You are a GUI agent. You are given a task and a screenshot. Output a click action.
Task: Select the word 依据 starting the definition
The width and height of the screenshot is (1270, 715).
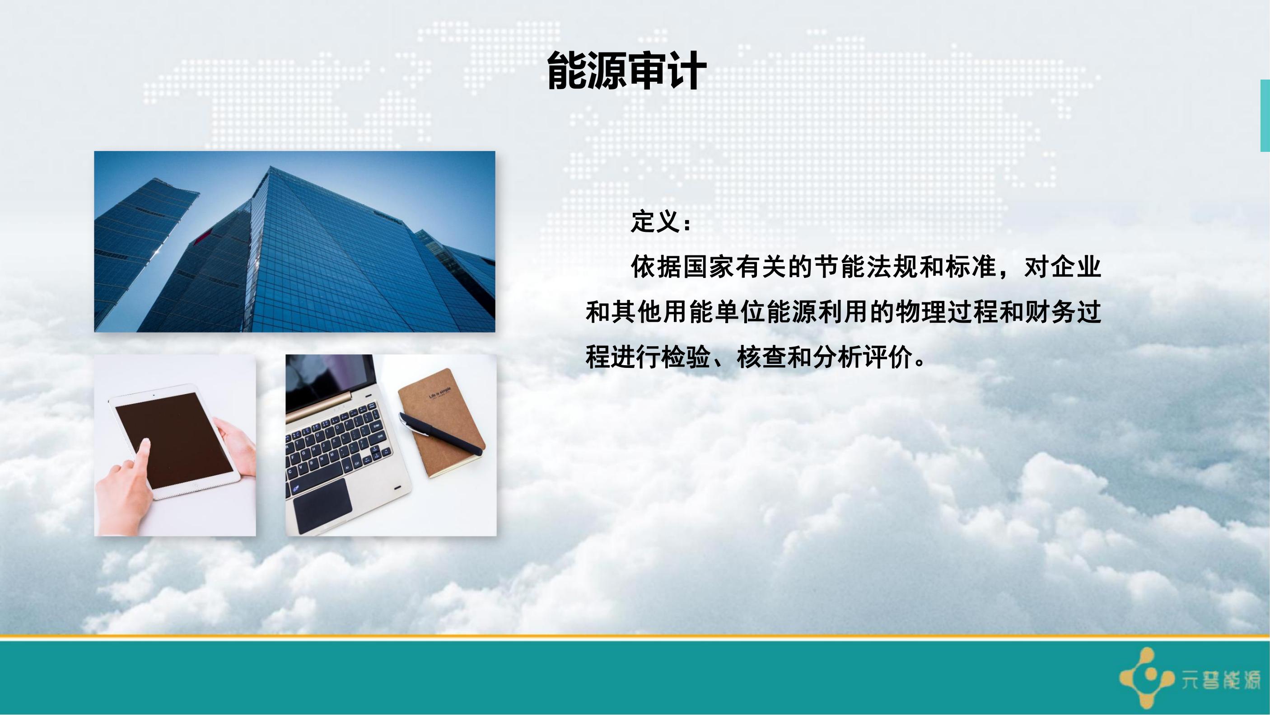(x=656, y=268)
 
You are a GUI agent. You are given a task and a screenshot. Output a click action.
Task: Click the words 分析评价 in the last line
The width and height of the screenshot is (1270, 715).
(x=863, y=357)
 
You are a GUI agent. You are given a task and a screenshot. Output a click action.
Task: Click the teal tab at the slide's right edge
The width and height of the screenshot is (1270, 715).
(x=1265, y=115)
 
